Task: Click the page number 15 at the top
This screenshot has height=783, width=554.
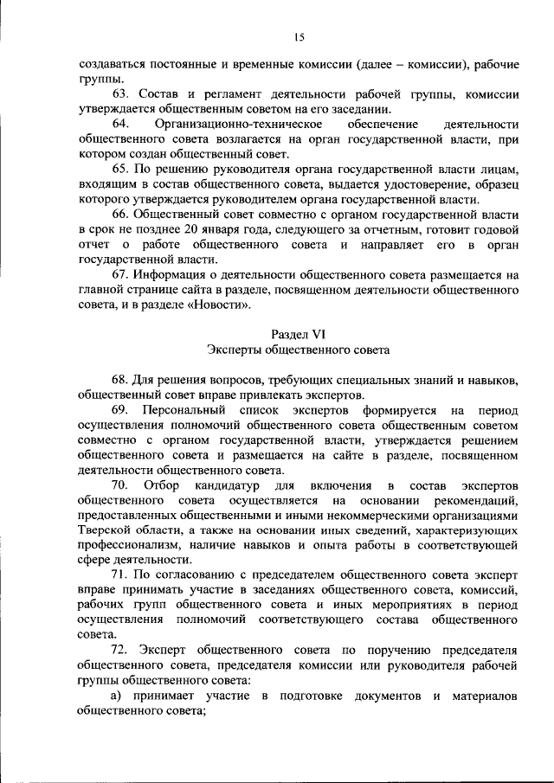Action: click(x=300, y=36)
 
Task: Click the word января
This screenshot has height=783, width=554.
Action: click(x=211, y=229)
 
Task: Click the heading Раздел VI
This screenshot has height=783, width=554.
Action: click(x=299, y=334)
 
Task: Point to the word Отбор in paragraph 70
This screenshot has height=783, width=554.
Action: click(x=162, y=485)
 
